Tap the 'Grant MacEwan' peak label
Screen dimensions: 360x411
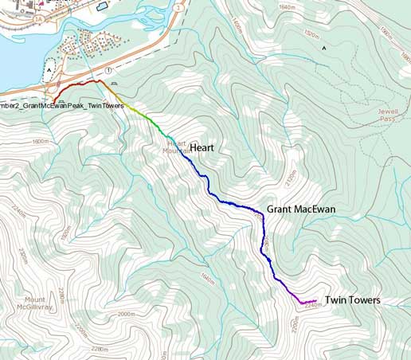[300, 210]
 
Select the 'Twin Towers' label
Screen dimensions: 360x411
[353, 300]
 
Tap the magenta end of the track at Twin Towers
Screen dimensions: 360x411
[315, 300]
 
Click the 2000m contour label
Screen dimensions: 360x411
[126, 315]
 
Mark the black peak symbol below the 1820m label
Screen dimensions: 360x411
[323, 48]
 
